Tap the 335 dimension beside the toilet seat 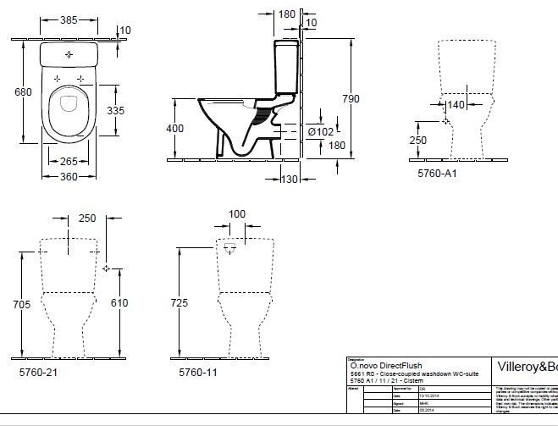(x=116, y=110)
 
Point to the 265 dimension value (x=70, y=162)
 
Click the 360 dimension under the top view (x=70, y=176)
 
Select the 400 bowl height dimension (x=174, y=128)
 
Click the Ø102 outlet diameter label (x=319, y=131)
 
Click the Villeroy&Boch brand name (x=524, y=368)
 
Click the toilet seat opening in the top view (x=69, y=114)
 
